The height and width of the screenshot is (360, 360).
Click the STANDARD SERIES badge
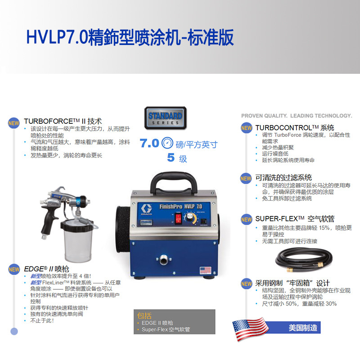tap(165, 118)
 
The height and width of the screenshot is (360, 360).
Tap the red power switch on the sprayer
tap(178, 218)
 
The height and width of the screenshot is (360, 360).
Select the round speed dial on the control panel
tap(190, 217)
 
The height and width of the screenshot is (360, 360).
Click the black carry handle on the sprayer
tap(174, 183)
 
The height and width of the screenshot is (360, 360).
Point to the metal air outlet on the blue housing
tap(163, 260)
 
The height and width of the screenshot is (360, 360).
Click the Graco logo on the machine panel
tap(146, 209)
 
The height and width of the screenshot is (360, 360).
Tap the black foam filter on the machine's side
tap(123, 229)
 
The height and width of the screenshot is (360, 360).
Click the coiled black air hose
tap(304, 260)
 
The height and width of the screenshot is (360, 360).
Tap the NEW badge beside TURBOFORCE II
tap(13, 123)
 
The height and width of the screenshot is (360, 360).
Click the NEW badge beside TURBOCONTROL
tap(247, 128)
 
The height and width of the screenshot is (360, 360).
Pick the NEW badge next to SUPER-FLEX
tap(247, 219)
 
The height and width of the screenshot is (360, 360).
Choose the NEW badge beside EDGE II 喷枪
tap(14, 269)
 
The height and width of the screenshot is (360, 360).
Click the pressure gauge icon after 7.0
tap(167, 143)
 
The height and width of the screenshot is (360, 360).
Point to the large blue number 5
tap(171, 157)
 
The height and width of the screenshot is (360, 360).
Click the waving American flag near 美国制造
tap(250, 329)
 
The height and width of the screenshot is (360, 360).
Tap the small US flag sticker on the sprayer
tap(206, 270)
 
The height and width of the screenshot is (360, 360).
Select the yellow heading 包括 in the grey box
tap(144, 316)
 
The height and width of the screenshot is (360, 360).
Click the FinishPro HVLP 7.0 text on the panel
tap(181, 207)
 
